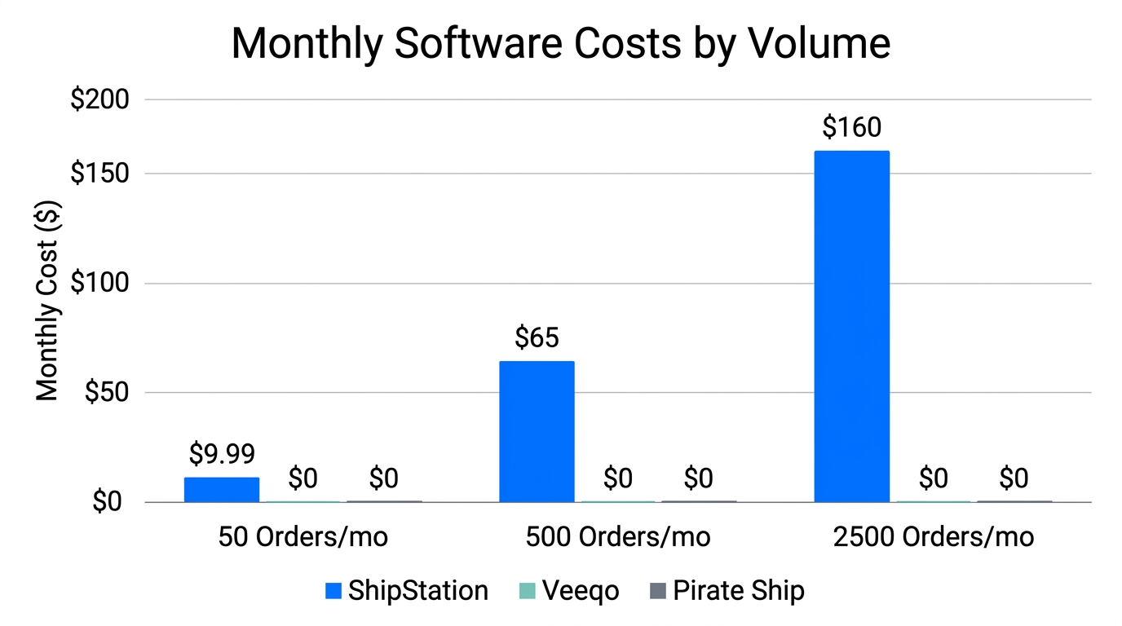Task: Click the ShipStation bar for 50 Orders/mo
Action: [221, 489]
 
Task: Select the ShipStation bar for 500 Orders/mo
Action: [537, 431]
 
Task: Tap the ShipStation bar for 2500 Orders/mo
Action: [851, 326]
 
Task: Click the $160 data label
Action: [851, 128]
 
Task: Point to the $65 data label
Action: [537, 337]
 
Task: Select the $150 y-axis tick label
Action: [100, 174]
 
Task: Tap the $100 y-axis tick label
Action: [100, 284]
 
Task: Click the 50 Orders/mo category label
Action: [303, 537]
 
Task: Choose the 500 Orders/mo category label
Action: [617, 537]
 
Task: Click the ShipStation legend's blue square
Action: [333, 591]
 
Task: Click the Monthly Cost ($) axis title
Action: [48, 301]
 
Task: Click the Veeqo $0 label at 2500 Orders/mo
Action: [933, 478]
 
